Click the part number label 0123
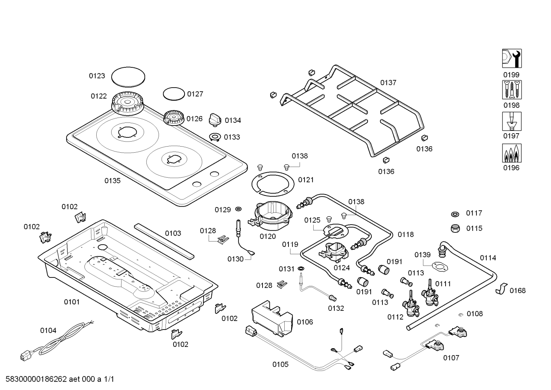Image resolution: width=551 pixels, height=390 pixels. point(97,76)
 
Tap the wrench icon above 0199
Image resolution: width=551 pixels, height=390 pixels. point(512,59)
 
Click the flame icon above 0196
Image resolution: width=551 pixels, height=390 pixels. point(512,153)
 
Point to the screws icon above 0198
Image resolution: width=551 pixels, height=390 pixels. point(512,90)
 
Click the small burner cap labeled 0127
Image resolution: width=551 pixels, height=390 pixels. point(173,94)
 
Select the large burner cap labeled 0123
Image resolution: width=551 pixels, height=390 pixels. point(128,77)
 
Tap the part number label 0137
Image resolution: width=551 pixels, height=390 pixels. point(388,83)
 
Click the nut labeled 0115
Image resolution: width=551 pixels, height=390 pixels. point(455,228)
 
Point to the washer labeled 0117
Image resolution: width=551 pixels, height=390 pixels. point(455,214)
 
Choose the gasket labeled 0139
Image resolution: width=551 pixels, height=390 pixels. point(439,266)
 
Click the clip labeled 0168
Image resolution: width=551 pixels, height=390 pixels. point(501,289)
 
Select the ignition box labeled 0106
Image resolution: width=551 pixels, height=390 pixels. point(272,318)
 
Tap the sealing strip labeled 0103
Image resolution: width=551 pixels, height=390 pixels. point(164,241)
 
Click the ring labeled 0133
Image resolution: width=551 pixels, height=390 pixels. point(215,137)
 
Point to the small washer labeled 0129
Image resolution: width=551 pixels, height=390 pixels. point(238,209)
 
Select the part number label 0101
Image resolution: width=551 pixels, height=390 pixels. point(72,302)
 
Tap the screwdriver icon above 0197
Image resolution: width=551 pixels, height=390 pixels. point(512,121)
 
